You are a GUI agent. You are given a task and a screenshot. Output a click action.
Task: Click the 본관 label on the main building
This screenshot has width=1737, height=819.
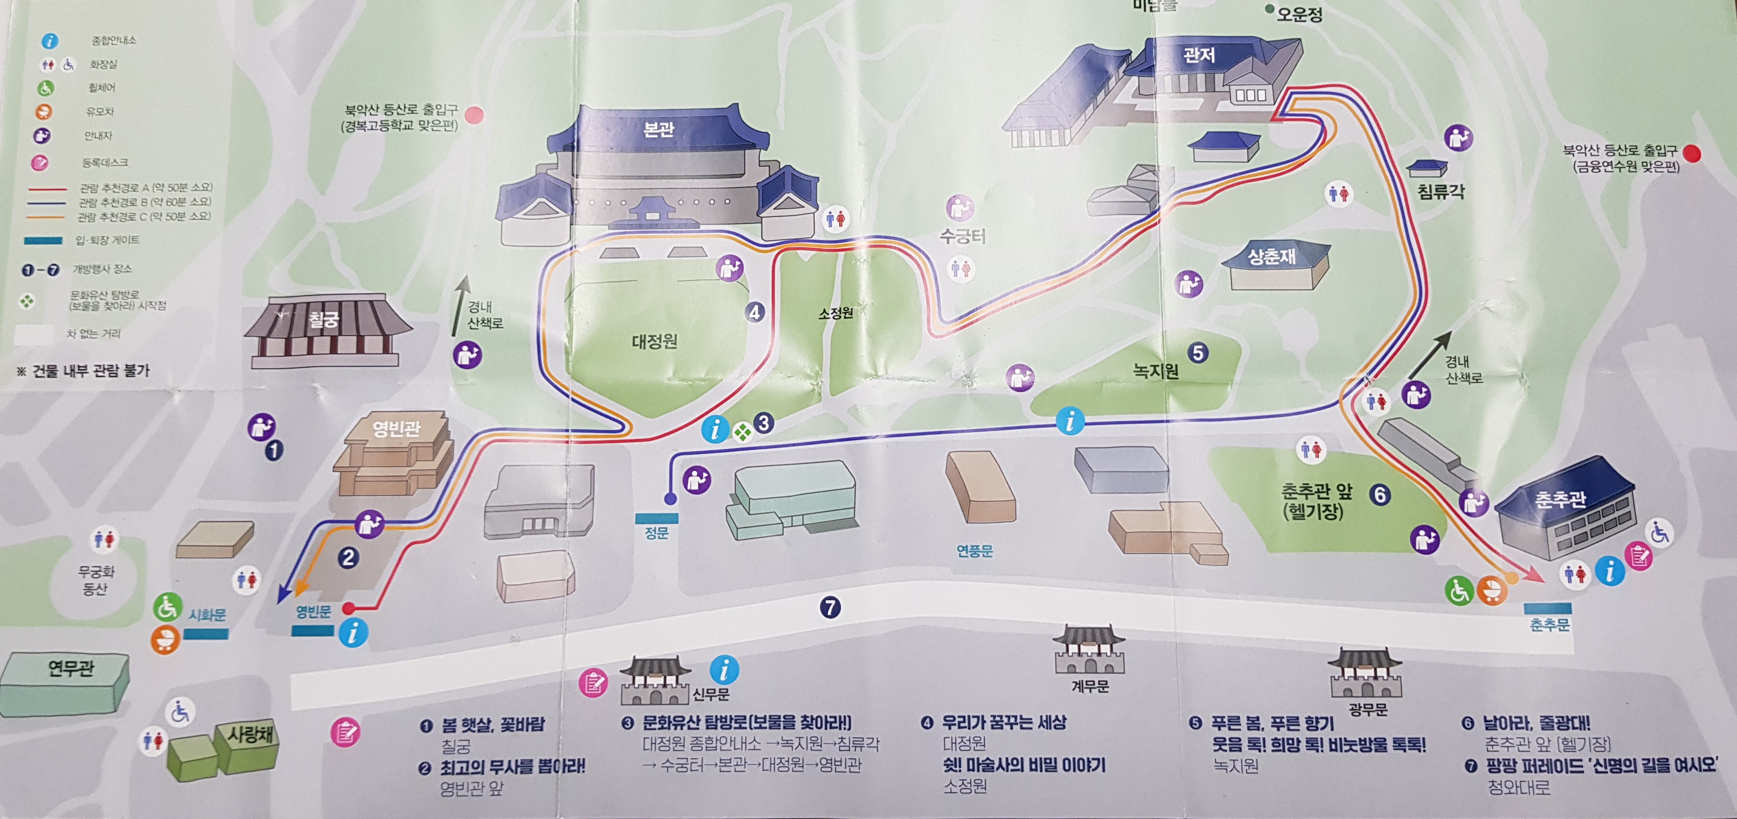[x=659, y=129]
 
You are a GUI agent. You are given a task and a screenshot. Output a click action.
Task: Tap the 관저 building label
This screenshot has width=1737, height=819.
[x=1199, y=55]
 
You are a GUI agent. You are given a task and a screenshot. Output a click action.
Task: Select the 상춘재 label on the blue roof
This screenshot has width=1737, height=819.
[x=1271, y=256]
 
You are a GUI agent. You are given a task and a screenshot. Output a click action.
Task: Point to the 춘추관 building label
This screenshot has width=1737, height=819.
[x=1561, y=500]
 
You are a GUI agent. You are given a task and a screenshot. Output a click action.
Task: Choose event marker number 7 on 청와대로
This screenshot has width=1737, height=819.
[x=830, y=608]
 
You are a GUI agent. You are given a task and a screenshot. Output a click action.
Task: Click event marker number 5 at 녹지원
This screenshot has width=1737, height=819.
[x=1198, y=353]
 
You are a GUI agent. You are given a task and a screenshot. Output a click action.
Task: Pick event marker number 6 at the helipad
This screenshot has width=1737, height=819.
[x=1379, y=495]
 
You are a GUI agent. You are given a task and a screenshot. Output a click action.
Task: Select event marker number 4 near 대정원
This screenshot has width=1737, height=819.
[x=755, y=312]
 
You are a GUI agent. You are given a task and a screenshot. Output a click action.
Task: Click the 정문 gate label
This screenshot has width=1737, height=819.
[x=656, y=533]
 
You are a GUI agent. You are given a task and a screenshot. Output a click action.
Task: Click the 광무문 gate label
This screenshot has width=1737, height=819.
[x=1368, y=709]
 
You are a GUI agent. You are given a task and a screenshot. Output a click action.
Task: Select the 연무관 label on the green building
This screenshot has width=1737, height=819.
[x=70, y=668]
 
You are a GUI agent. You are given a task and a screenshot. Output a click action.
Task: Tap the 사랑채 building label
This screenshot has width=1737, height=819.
[x=250, y=733]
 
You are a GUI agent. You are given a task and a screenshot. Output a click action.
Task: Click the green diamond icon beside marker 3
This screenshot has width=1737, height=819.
[x=742, y=432]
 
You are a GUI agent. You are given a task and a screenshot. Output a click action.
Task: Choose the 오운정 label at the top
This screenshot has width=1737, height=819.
[x=1299, y=14]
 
